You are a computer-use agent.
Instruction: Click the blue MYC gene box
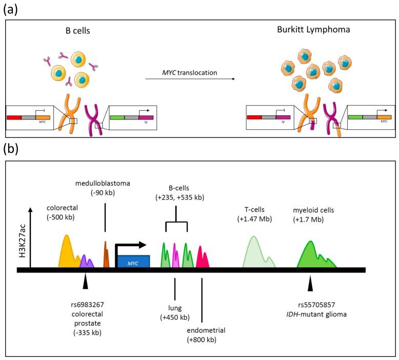pyautogui.click(x=133, y=262)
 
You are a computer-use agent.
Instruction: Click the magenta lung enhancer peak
pyautogui.click(x=175, y=256)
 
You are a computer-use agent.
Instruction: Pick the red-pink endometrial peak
pyautogui.click(x=202, y=258)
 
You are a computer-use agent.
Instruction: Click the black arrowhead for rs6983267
pyautogui.click(x=86, y=282)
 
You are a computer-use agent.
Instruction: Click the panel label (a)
pyautogui.click(x=12, y=9)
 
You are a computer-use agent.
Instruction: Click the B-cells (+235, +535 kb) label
pyautogui.click(x=176, y=194)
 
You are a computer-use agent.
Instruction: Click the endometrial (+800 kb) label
pyautogui.click(x=206, y=335)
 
